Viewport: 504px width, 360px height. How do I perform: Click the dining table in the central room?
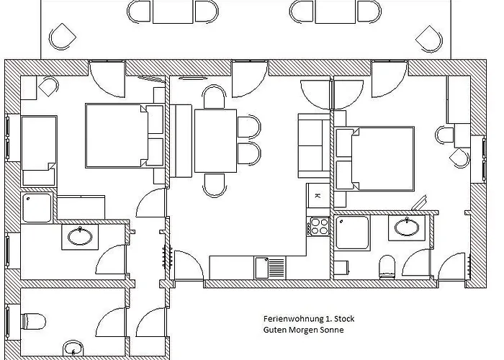click(x=215, y=140)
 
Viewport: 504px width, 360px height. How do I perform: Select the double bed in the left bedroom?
click(x=124, y=135)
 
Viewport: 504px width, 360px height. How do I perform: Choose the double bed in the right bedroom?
click(x=375, y=158)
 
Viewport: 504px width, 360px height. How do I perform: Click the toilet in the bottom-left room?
click(x=33, y=320)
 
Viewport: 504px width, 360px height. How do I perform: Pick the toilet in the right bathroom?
click(x=387, y=266)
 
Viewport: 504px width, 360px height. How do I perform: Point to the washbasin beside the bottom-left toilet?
click(x=73, y=348)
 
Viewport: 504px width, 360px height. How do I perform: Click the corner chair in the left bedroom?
click(x=48, y=88)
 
